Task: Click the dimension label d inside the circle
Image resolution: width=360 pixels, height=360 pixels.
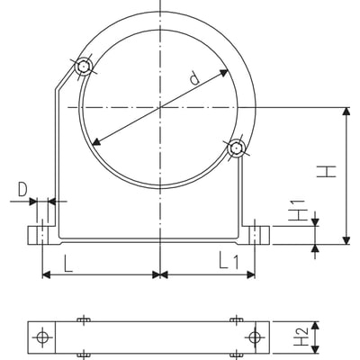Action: pyautogui.click(x=194, y=78)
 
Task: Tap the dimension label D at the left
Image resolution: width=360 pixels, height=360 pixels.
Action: pyautogui.click(x=22, y=190)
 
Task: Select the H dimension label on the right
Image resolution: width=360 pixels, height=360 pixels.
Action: pyautogui.click(x=327, y=171)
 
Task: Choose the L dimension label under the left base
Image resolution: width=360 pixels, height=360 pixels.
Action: pyautogui.click(x=67, y=264)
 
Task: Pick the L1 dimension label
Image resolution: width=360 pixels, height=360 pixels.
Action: pyautogui.click(x=229, y=261)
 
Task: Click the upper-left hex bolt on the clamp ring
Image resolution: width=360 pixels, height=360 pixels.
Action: pyautogui.click(x=84, y=66)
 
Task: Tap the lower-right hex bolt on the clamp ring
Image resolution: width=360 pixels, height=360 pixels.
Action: pyautogui.click(x=237, y=148)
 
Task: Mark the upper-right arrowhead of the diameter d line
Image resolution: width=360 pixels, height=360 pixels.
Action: pyautogui.click(x=224, y=72)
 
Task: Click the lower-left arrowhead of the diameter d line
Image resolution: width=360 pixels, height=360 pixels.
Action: pyautogui.click(x=96, y=142)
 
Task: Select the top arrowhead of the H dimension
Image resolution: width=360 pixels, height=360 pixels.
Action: pyautogui.click(x=346, y=112)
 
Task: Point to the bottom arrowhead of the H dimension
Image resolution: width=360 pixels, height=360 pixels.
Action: pyautogui.click(x=346, y=240)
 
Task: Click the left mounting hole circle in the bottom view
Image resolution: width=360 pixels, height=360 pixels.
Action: pyautogui.click(x=42, y=337)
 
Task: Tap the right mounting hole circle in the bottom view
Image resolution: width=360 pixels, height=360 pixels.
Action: pyautogui.click(x=255, y=337)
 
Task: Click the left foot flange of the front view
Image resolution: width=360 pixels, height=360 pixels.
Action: pyautogui.click(x=42, y=235)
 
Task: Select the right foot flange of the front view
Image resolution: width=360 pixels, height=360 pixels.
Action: pyautogui.click(x=256, y=235)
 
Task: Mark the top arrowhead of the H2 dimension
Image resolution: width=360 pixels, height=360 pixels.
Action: pyautogui.click(x=315, y=326)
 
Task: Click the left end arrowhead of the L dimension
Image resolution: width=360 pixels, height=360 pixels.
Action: pyautogui.click(x=47, y=274)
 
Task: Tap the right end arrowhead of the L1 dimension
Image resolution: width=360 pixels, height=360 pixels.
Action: pyautogui.click(x=251, y=274)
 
